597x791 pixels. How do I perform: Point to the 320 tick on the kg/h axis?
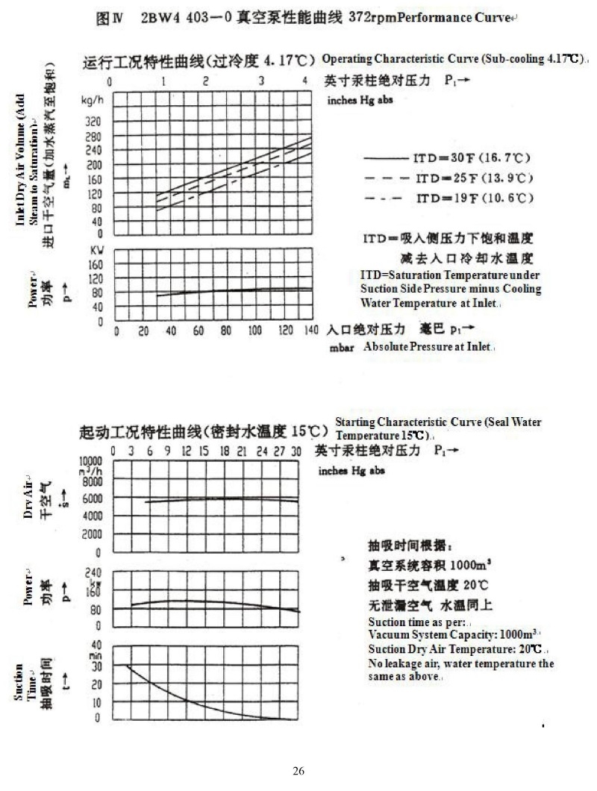pyautogui.click(x=92, y=120)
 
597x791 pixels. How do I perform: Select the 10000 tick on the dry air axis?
pyautogui.click(x=91, y=461)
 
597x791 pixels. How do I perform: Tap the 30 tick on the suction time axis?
pyautogui.click(x=96, y=664)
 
